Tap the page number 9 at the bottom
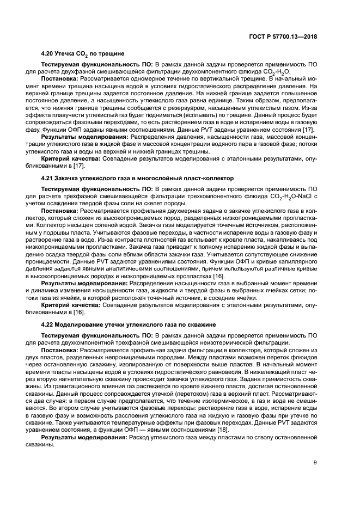tap(315, 463)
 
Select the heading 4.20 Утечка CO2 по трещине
tap(83, 54)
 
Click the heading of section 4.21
tap(137, 178)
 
